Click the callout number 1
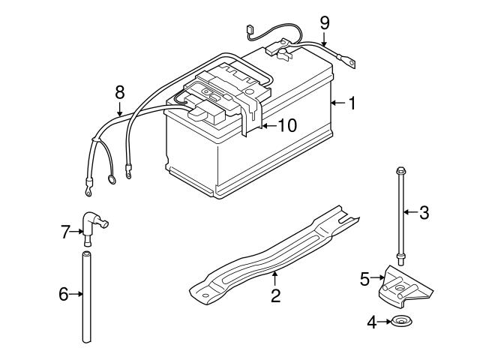351,103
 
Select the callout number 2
275,295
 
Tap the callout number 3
424,212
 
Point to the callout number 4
371,323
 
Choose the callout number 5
365,280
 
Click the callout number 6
64,295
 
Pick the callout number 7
64,232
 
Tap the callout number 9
324,22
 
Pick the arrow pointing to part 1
337,103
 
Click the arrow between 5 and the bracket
378,280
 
